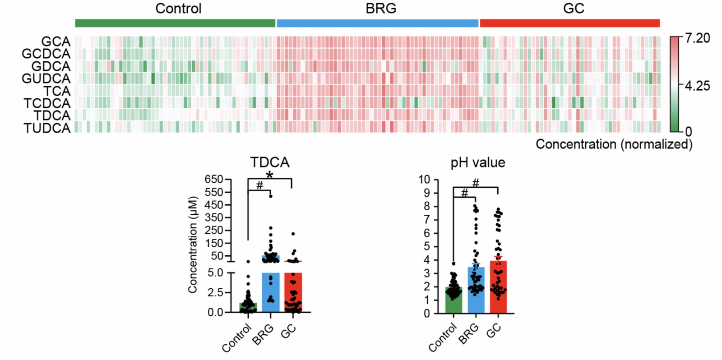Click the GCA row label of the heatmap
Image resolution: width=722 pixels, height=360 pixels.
(56, 42)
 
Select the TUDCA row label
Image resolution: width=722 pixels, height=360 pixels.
(47, 128)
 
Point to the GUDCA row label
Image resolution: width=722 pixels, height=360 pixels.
(46, 78)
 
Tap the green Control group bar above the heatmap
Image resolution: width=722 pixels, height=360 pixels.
(175, 23)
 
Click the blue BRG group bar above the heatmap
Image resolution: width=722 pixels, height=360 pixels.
(377, 23)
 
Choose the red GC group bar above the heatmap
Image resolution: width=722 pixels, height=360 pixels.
(569, 23)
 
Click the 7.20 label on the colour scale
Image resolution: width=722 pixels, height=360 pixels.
(697, 38)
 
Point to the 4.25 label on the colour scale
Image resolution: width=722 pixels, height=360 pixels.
(697, 86)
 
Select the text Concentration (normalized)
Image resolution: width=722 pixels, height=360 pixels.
(614, 144)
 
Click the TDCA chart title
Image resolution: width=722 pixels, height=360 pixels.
(269, 162)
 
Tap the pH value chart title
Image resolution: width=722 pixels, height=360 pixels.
(478, 162)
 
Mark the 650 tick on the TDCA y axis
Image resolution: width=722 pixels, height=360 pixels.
(214, 180)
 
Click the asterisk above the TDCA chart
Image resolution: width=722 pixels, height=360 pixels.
(269, 175)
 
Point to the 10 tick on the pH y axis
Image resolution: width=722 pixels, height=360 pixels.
(424, 180)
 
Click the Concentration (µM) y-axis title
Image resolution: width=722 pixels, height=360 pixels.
(193, 245)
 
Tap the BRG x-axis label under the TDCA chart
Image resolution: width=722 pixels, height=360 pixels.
(263, 335)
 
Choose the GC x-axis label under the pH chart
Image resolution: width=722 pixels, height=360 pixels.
(494, 331)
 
